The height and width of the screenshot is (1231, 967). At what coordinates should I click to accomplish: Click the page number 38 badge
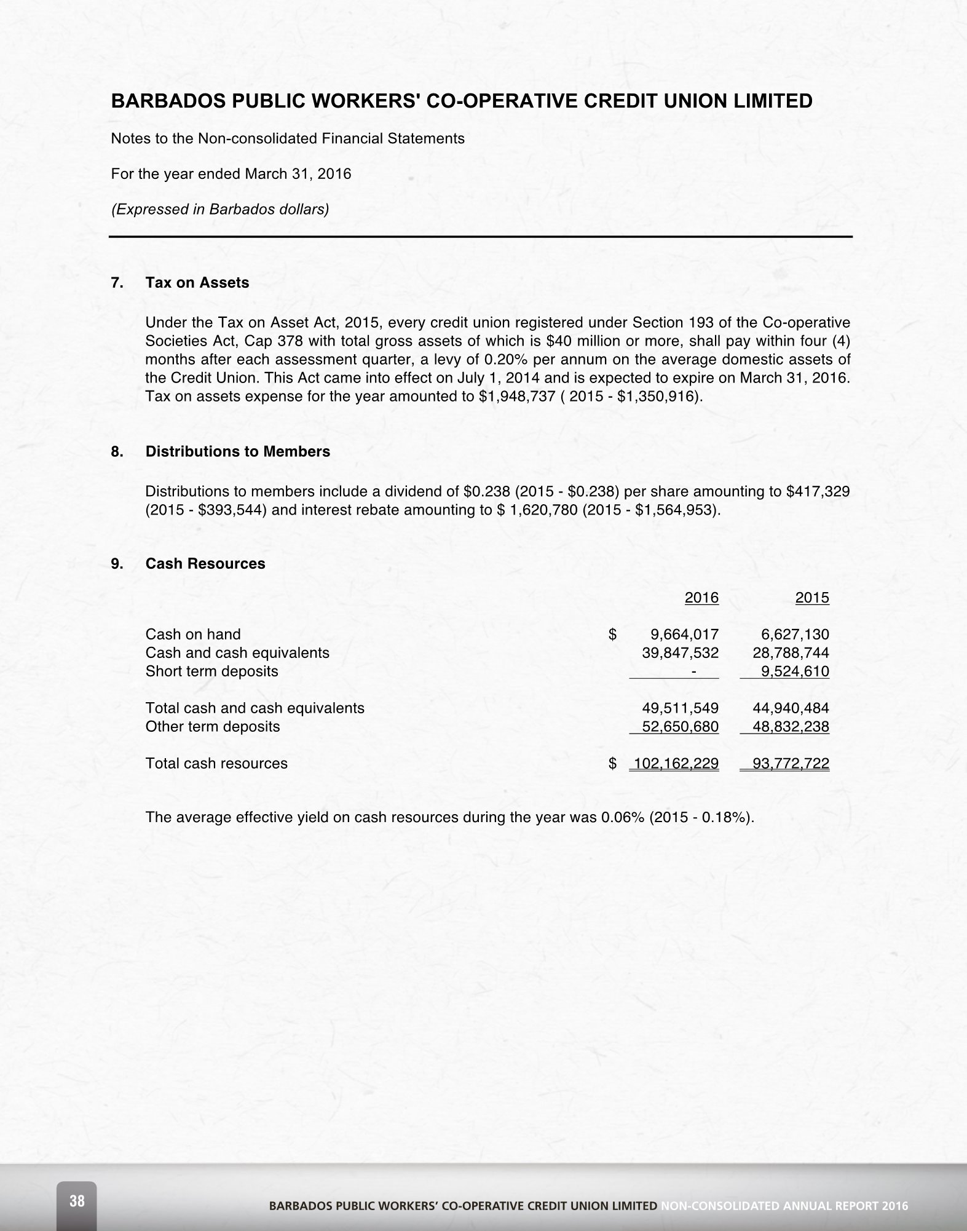[x=77, y=1200]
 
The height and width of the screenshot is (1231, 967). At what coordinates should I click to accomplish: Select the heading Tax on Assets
[x=197, y=283]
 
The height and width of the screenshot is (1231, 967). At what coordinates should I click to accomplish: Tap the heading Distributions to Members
[x=237, y=451]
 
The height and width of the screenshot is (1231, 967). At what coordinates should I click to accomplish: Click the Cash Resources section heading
[x=205, y=564]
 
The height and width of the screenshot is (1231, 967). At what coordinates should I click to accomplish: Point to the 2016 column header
[x=701, y=598]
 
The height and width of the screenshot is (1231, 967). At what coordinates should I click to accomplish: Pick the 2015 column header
[x=812, y=598]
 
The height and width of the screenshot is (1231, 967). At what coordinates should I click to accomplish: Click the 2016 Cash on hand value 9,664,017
[x=684, y=635]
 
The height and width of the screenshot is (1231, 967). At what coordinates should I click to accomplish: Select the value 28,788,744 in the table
[x=791, y=653]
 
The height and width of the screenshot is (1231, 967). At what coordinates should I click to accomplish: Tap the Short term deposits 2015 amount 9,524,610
[x=795, y=671]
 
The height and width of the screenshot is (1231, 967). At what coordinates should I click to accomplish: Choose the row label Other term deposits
[x=212, y=727]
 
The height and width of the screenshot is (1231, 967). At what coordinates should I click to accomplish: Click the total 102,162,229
[x=676, y=764]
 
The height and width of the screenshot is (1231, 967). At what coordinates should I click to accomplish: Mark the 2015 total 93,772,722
[x=791, y=764]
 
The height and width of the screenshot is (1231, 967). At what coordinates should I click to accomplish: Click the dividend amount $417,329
[x=818, y=492]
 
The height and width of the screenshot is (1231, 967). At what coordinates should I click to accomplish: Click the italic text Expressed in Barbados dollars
[x=219, y=210]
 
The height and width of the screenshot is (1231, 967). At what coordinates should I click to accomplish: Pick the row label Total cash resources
[x=216, y=764]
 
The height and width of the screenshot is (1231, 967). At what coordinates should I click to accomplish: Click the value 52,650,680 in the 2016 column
[x=680, y=727]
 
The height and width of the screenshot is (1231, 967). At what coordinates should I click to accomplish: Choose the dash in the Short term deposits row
[x=693, y=672]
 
